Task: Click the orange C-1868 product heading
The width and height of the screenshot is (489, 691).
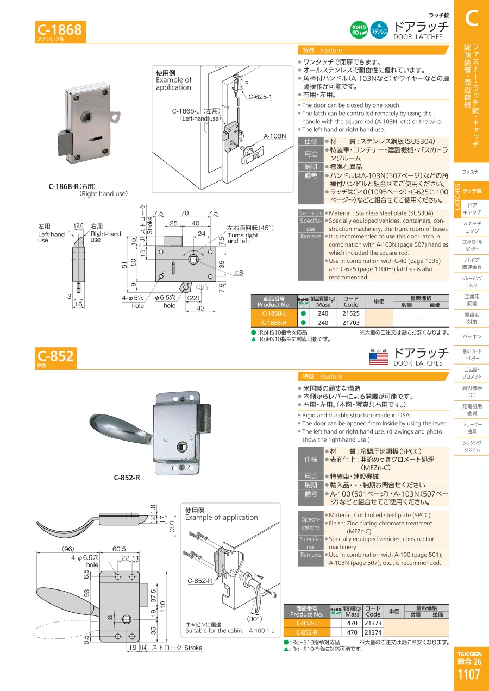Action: (x=60, y=32)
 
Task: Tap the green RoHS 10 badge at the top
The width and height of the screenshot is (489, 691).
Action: (x=359, y=30)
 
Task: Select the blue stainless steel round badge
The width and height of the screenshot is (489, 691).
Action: (x=379, y=30)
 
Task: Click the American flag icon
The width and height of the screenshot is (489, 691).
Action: (x=379, y=359)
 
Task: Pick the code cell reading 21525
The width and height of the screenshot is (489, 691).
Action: (x=351, y=313)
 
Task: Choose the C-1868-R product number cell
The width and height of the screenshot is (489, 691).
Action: (x=274, y=323)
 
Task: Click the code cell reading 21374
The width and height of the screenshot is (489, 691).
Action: (x=373, y=632)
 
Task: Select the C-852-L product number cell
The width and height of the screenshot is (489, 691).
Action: (x=306, y=623)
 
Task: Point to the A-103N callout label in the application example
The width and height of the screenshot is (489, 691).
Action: (x=274, y=136)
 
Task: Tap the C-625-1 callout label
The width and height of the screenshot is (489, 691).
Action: (x=260, y=97)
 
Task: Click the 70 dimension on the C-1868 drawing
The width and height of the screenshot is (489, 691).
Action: (x=185, y=213)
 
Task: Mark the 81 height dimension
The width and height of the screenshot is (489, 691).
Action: (x=124, y=265)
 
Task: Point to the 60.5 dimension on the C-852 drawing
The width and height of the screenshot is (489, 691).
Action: (x=119, y=549)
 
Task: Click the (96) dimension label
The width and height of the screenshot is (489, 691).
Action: (x=68, y=549)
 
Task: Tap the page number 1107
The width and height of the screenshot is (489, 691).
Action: (x=469, y=675)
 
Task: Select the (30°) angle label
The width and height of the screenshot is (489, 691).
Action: (x=254, y=619)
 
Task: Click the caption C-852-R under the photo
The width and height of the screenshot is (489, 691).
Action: (x=127, y=478)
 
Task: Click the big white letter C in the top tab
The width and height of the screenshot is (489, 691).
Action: (x=472, y=18)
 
